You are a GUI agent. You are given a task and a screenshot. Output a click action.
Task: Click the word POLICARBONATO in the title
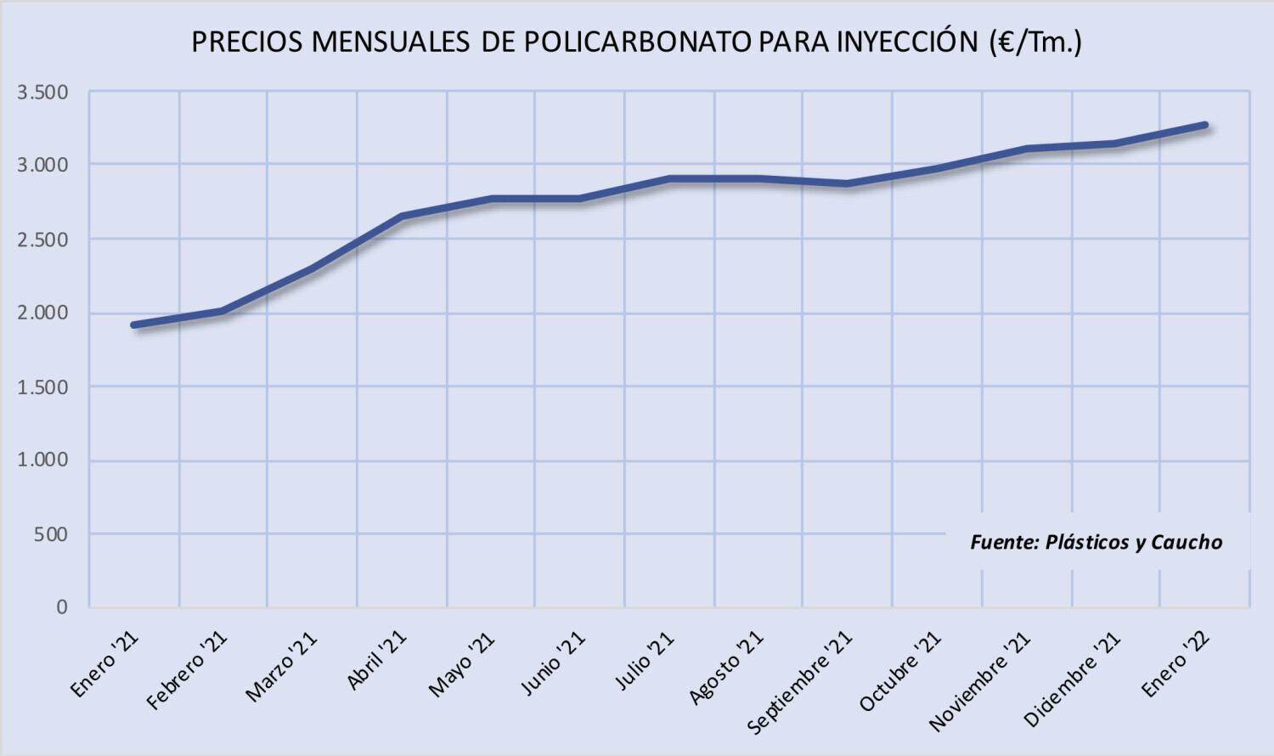click(x=637, y=42)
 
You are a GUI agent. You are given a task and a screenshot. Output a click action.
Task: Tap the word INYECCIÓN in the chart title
click(x=907, y=42)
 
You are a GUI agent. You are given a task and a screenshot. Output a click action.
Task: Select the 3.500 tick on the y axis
click(x=42, y=93)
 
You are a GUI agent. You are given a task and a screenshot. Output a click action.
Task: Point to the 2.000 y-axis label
click(x=42, y=313)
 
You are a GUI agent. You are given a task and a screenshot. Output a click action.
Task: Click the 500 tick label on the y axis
click(x=51, y=534)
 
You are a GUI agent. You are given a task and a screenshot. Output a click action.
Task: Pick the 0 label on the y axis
click(x=62, y=607)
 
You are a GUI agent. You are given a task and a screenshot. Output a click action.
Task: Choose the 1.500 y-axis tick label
click(x=42, y=387)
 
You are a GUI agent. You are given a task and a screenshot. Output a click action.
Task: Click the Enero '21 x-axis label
click(x=104, y=665)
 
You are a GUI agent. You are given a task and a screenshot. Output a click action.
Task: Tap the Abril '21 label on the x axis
click(x=376, y=661)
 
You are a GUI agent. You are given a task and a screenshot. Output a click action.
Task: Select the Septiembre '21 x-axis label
click(x=799, y=683)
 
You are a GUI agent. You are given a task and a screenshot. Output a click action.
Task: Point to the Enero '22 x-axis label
click(x=1175, y=665)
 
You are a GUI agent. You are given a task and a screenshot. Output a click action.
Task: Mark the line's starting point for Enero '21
click(x=134, y=325)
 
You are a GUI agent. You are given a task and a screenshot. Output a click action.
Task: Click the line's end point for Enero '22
click(x=1204, y=126)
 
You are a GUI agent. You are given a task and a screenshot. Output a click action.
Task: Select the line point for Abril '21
click(x=402, y=217)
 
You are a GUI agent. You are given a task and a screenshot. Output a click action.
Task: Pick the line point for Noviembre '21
click(x=1027, y=150)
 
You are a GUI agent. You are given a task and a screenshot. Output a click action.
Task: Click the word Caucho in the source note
click(x=1187, y=543)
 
